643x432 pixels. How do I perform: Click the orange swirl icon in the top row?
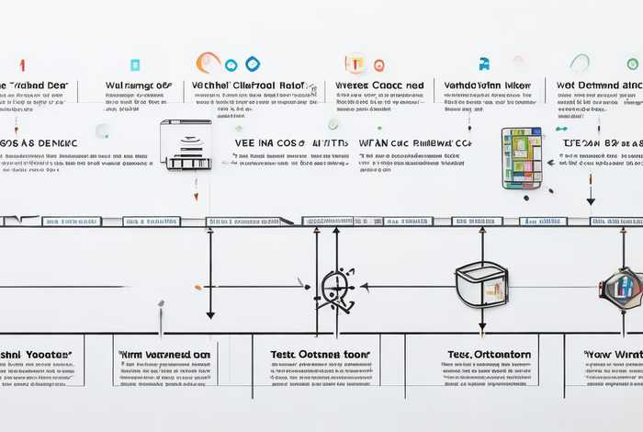pyautogui.click(x=208, y=62)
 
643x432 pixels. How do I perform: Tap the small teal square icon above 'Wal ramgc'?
pyautogui.click(x=135, y=65)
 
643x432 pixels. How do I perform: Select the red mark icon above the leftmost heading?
pyautogui.click(x=21, y=64)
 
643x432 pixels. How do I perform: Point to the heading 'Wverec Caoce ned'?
pyautogui.click(x=379, y=85)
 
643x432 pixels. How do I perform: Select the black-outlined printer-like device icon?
pyautogui.click(x=186, y=144)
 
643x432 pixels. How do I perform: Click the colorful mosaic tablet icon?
pyautogui.click(x=522, y=158)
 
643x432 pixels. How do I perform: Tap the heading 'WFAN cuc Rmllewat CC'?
pyautogui.click(x=415, y=143)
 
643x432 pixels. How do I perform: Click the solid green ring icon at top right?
pyautogui.click(x=632, y=64)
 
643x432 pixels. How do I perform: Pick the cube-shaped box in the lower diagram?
pyautogui.click(x=480, y=284)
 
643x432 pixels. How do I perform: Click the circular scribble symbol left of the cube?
pyautogui.click(x=335, y=288)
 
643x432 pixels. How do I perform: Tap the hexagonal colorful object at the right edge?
pyautogui.click(x=623, y=286)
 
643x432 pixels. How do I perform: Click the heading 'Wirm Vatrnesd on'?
pyautogui.click(x=164, y=353)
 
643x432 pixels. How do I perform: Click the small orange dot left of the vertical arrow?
pyautogui.click(x=197, y=287)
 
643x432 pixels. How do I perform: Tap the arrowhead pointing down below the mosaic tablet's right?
pyautogui.click(x=591, y=200)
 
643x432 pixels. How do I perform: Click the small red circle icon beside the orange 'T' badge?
pyautogui.click(x=378, y=65)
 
